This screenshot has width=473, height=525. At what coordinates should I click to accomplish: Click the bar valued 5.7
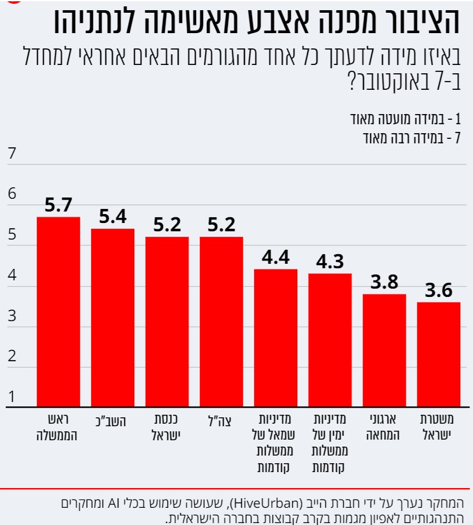[58, 312]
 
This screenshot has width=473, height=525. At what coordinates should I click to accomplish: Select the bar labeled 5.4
[113, 318]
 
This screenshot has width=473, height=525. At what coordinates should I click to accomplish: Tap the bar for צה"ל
[221, 322]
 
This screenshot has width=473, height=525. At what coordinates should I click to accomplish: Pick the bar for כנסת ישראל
[167, 322]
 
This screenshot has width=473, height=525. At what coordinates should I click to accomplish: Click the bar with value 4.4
[276, 338]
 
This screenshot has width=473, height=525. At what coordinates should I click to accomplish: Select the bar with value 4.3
[330, 340]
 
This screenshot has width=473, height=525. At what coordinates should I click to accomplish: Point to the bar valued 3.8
[385, 350]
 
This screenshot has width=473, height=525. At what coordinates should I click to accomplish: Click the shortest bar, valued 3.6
[439, 355]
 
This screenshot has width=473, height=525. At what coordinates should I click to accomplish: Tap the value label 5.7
[59, 205]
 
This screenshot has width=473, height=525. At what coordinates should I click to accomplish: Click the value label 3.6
[439, 291]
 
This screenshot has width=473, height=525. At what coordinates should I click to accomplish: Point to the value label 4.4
[276, 257]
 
